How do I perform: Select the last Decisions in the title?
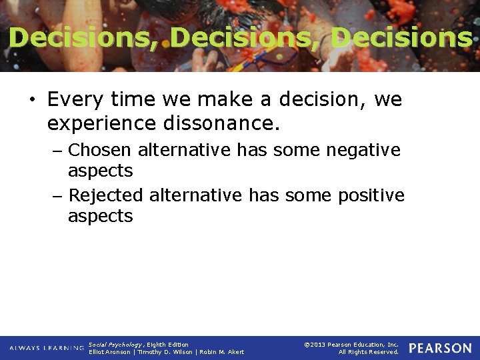coord(401,38)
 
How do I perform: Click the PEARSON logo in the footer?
coord(440,348)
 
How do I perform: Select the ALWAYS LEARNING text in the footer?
coord(47,348)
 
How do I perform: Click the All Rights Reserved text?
coord(368,352)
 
